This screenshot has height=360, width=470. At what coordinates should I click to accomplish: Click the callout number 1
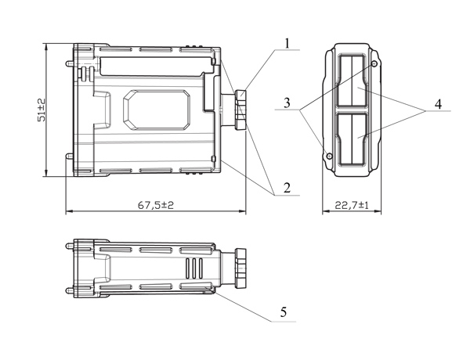[287, 43]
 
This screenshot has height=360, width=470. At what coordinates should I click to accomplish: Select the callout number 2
[287, 188]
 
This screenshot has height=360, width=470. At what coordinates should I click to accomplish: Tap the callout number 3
[287, 103]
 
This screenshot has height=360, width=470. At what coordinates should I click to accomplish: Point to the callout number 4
[438, 104]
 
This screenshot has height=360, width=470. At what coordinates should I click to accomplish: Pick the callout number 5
[284, 312]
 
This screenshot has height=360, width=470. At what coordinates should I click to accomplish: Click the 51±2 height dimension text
[42, 110]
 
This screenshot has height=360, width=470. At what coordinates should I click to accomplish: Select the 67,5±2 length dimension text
[156, 205]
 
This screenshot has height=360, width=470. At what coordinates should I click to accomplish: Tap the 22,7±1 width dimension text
[352, 205]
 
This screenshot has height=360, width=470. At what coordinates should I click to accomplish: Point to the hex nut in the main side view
[240, 110]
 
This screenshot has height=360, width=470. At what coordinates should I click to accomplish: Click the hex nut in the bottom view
[240, 268]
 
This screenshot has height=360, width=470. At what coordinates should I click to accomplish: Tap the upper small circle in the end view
[374, 64]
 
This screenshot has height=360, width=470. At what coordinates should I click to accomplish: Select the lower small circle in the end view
[330, 156]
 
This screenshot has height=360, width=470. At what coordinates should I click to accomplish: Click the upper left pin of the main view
[70, 63]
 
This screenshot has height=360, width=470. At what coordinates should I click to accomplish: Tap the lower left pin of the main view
[70, 156]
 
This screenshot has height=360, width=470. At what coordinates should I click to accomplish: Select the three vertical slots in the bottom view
[194, 268]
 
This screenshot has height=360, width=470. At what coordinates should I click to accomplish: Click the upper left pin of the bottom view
[70, 247]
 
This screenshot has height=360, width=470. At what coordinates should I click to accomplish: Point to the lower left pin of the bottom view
[70, 290]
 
